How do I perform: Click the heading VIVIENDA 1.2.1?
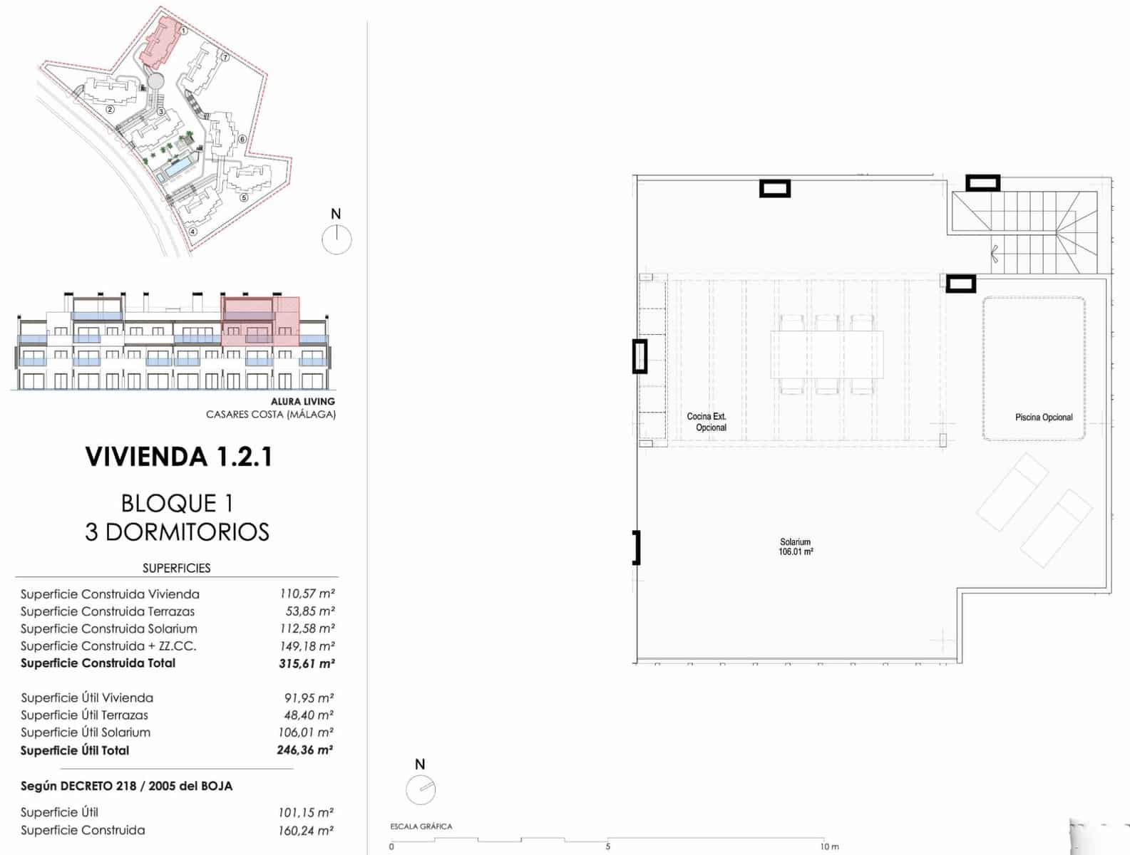178,457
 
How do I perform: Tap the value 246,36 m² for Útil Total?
304,750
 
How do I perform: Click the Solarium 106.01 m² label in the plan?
795,547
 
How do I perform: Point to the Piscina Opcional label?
1043,418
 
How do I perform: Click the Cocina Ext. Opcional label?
707,422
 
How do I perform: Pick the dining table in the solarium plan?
826,354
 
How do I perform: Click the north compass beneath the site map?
337,239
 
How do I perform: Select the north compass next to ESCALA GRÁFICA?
421,789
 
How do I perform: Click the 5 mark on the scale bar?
607,846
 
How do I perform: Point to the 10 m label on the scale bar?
828,846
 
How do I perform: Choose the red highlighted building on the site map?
160,43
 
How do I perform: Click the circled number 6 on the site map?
242,139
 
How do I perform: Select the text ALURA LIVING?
302,401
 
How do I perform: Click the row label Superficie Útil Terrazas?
84,715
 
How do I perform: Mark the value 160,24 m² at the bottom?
305,831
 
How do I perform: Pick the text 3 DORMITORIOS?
177,532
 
